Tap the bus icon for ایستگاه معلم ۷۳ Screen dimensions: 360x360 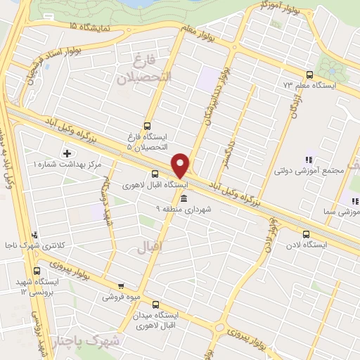(x=310, y=75)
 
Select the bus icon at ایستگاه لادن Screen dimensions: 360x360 (x=305, y=234)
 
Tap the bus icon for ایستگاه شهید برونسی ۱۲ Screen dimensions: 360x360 (x=37, y=271)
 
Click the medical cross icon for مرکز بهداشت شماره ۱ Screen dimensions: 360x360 (x=67, y=153)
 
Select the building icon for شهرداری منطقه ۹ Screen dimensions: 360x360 (x=184, y=199)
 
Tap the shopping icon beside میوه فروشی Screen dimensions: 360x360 (x=120, y=286)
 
